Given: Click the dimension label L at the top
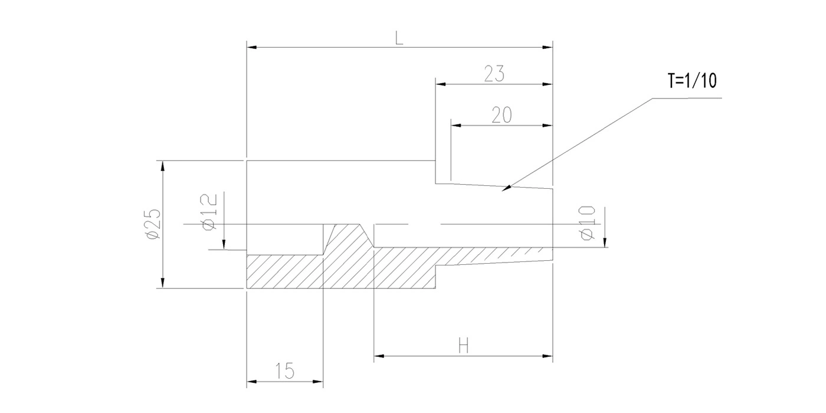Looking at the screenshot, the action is tap(399, 38).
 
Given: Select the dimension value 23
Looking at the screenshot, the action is tap(494, 74).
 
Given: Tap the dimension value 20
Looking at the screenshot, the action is tap(502, 115).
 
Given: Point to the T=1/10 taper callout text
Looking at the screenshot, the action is tap(693, 81).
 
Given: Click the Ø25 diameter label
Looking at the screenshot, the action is tap(153, 224).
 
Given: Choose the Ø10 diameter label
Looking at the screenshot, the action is tap(587, 223).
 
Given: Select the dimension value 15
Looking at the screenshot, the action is tap(284, 371).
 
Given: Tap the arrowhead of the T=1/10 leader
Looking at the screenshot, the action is tap(507, 188).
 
